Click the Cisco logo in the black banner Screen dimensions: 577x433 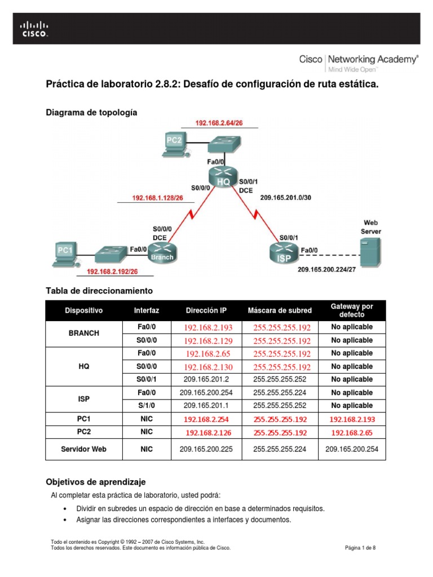click(x=34, y=29)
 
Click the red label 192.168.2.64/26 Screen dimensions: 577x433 click(x=219, y=123)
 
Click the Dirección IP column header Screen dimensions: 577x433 click(x=207, y=310)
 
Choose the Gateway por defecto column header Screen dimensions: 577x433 click(x=352, y=310)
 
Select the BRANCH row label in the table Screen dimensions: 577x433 click(x=83, y=334)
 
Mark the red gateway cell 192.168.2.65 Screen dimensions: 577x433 click(x=352, y=433)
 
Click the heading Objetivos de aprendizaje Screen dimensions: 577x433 click(x=95, y=482)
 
